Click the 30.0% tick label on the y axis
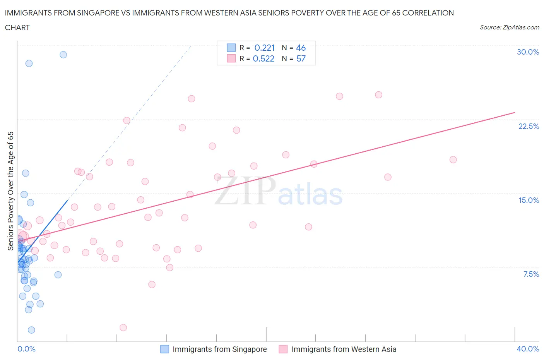528,52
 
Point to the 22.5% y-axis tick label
529,126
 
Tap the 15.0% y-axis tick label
529,200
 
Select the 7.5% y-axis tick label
531,274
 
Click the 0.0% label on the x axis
26,349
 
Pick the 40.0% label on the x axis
528,349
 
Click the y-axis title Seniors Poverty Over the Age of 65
10,191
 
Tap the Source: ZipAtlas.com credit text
509,27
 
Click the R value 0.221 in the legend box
264,48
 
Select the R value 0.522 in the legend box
263,58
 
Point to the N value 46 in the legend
301,48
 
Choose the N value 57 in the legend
301,58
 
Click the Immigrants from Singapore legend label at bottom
219,349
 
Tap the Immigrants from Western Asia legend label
344,349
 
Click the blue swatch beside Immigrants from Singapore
164,349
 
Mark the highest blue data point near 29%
63,55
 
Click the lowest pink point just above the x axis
123,327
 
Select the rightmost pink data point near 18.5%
453,159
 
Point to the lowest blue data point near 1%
31,330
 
